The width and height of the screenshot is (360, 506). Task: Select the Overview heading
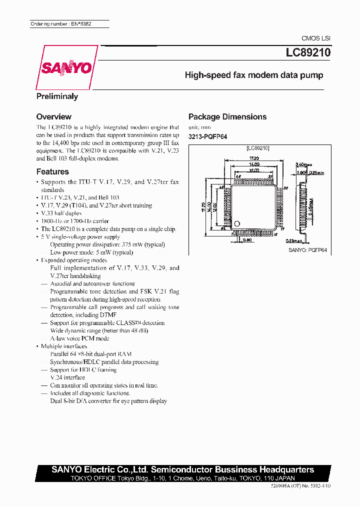[x=54, y=116]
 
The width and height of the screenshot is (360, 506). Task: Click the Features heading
[x=52, y=171]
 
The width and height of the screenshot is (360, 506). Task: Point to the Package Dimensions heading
[x=227, y=117]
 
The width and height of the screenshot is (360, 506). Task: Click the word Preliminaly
[x=57, y=96]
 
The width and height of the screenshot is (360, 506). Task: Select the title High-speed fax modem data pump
[x=254, y=75]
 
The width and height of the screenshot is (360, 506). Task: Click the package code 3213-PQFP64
[x=207, y=136]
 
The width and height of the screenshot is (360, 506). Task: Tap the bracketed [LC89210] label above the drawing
[x=258, y=148]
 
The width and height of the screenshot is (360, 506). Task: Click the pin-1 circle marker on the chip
[x=237, y=223]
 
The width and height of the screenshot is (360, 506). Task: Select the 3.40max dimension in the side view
[x=304, y=164]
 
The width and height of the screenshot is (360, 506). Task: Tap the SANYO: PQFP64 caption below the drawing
[x=307, y=249]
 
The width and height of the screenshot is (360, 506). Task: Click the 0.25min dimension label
[x=317, y=172]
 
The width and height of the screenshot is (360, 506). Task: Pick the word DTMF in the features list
[x=108, y=315]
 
